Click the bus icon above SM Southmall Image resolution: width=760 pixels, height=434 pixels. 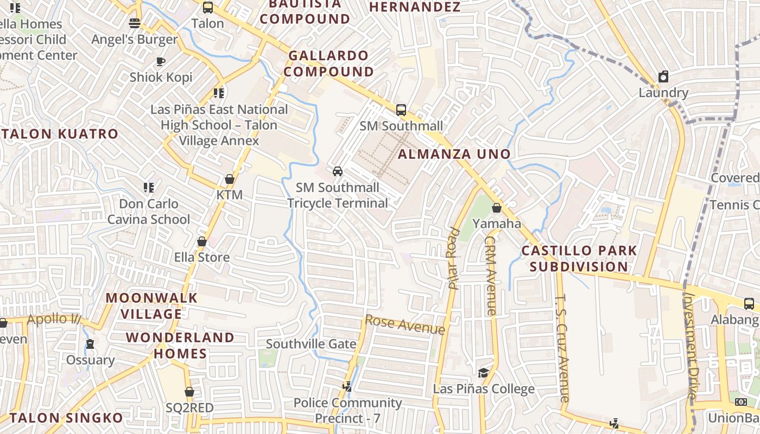[x=401, y=110]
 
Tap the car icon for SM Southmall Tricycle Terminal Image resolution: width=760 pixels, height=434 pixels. [x=338, y=171]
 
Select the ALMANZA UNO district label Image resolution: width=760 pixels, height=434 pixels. [x=454, y=154]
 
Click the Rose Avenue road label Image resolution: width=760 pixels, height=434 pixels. [x=405, y=324]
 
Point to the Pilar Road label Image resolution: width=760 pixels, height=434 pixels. [x=454, y=259]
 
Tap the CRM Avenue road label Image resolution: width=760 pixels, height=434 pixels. [x=490, y=275]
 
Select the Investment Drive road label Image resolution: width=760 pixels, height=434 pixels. [x=691, y=347]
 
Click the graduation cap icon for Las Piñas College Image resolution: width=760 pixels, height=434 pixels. [x=483, y=373]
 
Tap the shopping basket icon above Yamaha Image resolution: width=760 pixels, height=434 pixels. [x=496, y=208]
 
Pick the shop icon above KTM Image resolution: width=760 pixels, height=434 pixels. [x=230, y=179]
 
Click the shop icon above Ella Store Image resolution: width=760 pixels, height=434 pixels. [x=202, y=241]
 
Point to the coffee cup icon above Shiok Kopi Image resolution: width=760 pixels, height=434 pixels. [x=161, y=62]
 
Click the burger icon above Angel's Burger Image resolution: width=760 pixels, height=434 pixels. [x=135, y=23]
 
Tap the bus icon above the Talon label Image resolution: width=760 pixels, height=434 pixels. [x=207, y=8]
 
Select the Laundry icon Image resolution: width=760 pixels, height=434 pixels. [x=663, y=77]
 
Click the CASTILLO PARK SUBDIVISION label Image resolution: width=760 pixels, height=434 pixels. [x=579, y=259]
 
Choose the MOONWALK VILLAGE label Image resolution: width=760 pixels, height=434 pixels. [x=151, y=306]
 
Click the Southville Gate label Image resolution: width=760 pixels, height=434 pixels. [x=311, y=344]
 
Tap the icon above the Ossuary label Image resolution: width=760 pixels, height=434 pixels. [x=90, y=344]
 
